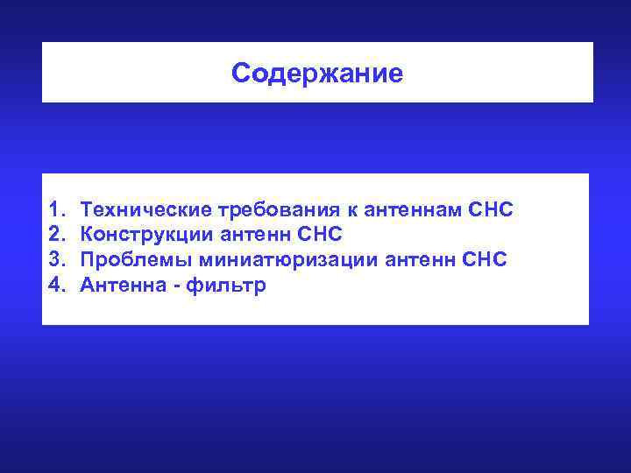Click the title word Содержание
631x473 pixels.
point(317,74)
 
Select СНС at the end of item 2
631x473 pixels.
point(320,236)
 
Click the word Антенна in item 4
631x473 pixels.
point(121,285)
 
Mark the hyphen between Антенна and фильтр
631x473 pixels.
point(175,286)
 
